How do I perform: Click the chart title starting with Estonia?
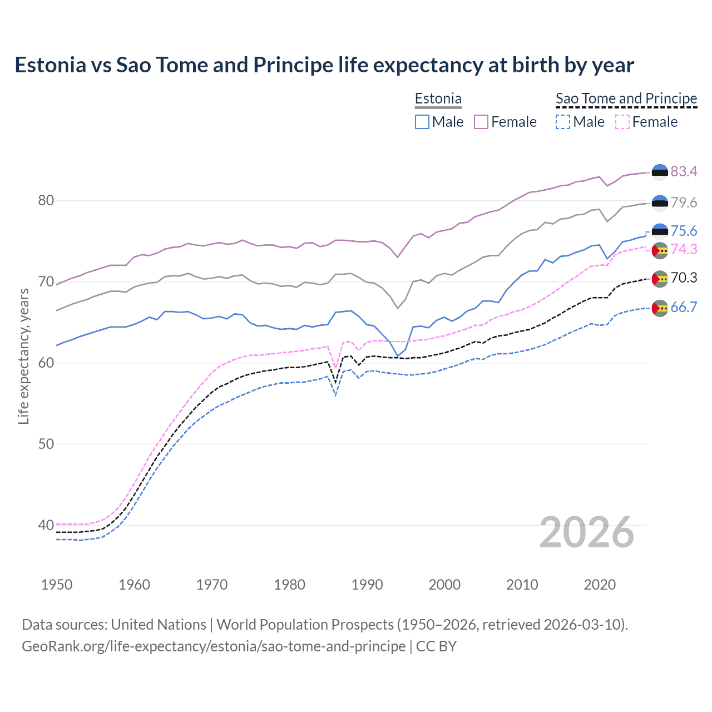pos(324,65)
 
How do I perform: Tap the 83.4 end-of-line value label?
pos(684,171)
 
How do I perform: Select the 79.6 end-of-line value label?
pos(684,202)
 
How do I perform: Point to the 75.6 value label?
pos(684,231)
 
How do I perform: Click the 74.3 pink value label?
pos(684,249)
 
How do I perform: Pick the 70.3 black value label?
pos(684,278)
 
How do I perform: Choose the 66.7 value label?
pos(684,307)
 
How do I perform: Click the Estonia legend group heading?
pos(438,98)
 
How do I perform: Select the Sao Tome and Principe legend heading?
pos(626,98)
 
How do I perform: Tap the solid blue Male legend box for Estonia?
pos(422,122)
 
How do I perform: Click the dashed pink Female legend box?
pos(622,122)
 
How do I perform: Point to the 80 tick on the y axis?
pos(46,200)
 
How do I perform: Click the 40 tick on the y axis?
pos(46,525)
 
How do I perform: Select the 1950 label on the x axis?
pos(57,585)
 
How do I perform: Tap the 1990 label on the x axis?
pos(367,585)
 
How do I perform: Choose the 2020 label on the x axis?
pos(600,585)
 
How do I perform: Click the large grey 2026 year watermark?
pos(587,532)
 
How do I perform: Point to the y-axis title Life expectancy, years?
pos(23,356)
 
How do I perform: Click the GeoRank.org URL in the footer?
pos(214,646)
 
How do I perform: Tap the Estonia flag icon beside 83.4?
pos(660,172)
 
